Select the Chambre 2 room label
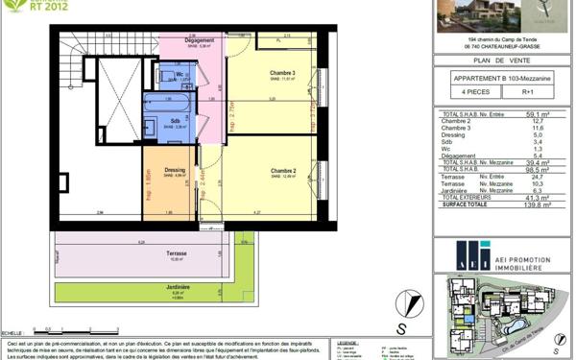[x=280, y=171]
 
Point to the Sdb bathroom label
[x=173, y=121]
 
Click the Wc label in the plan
[x=180, y=74]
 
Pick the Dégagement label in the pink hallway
[x=199, y=40]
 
